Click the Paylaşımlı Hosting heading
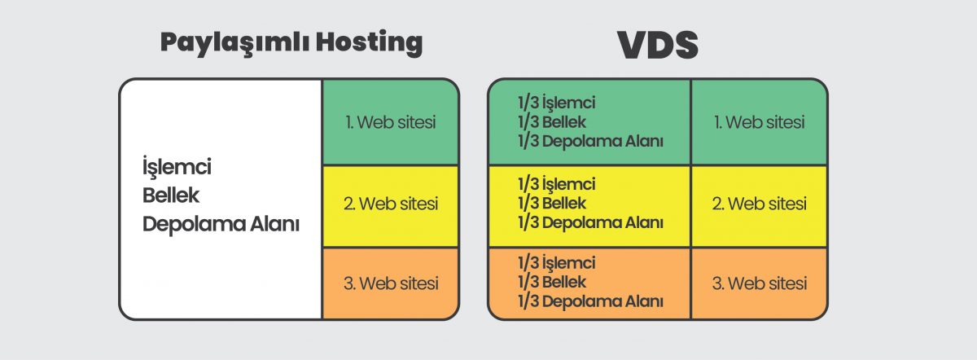coord(291,43)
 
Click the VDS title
coord(658,46)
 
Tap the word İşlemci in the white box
coord(177,167)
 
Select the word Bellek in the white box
coord(171,195)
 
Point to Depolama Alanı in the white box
coord(221,224)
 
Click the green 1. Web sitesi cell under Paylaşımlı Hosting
coord(391,123)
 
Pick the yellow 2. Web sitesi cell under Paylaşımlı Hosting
coord(391,204)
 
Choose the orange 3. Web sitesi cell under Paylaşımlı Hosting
coord(391,283)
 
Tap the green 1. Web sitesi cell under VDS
coord(759,123)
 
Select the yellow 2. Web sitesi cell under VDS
coord(759,204)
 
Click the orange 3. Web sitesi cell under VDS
coord(759,283)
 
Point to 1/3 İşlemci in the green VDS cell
coord(556,103)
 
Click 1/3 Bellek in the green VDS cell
coord(551,122)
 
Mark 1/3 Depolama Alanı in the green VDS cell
coord(589,141)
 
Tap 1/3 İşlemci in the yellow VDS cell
coord(556,184)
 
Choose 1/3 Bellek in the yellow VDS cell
coord(551,203)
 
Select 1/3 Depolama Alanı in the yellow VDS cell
coord(589,222)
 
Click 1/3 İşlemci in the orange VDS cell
coord(556,263)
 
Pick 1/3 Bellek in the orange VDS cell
coord(551,282)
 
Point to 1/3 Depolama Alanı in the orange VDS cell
coord(589,301)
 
